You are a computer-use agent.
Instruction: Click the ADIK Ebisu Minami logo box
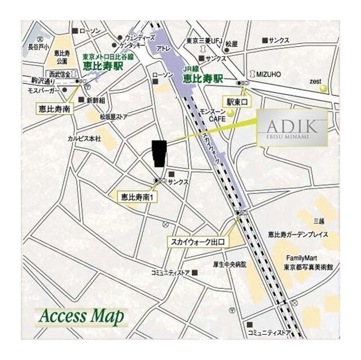tap(292, 128)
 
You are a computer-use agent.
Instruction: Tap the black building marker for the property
tap(160, 153)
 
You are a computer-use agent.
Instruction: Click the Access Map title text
tap(81, 316)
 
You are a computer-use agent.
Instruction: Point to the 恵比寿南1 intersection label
tap(139, 197)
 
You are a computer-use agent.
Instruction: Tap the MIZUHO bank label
tap(268, 74)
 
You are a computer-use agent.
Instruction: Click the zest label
tap(315, 81)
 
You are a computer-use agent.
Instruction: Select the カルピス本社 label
tap(84, 138)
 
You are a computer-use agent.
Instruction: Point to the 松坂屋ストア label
tap(115, 117)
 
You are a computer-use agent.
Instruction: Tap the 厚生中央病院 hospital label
tap(226, 263)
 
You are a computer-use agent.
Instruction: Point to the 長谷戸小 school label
tap(39, 47)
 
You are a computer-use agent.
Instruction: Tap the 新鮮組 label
tap(95, 100)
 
